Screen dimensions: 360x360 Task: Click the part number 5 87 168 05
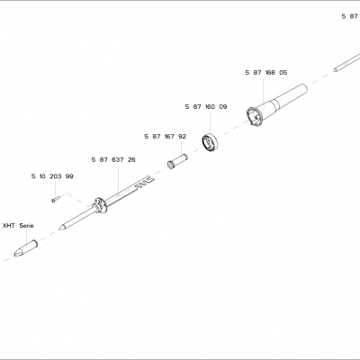pyautogui.click(x=266, y=73)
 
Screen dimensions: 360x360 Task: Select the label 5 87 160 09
pyautogui.click(x=206, y=107)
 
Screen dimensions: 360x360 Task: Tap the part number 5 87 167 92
pyautogui.click(x=166, y=137)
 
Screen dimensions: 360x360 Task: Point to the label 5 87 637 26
pyautogui.click(x=113, y=160)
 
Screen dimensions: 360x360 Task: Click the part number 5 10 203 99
pyautogui.click(x=52, y=176)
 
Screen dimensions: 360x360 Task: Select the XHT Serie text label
pyautogui.click(x=18, y=226)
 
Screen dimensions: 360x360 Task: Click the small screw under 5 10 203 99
pyautogui.click(x=56, y=199)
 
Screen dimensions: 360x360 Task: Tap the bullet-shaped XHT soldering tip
pyautogui.click(x=25, y=248)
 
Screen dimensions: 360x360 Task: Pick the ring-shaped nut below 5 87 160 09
pyautogui.click(x=210, y=141)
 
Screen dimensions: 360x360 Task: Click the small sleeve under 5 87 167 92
pyautogui.click(x=177, y=161)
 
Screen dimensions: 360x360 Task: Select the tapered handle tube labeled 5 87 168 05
pyautogui.click(x=276, y=105)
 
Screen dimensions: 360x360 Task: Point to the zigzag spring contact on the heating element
pyautogui.click(x=145, y=183)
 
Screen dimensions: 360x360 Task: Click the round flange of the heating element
pyautogui.click(x=100, y=205)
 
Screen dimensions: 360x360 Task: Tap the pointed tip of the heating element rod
pyautogui.click(x=60, y=229)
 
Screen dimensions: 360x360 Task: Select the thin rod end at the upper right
pyautogui.click(x=346, y=63)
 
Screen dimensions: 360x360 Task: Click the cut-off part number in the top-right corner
pyautogui.click(x=350, y=16)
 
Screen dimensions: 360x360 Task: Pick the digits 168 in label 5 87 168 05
pyautogui.click(x=270, y=73)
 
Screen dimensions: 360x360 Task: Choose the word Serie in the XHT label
pyautogui.click(x=27, y=226)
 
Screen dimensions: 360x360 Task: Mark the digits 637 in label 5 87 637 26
pyautogui.click(x=117, y=160)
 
